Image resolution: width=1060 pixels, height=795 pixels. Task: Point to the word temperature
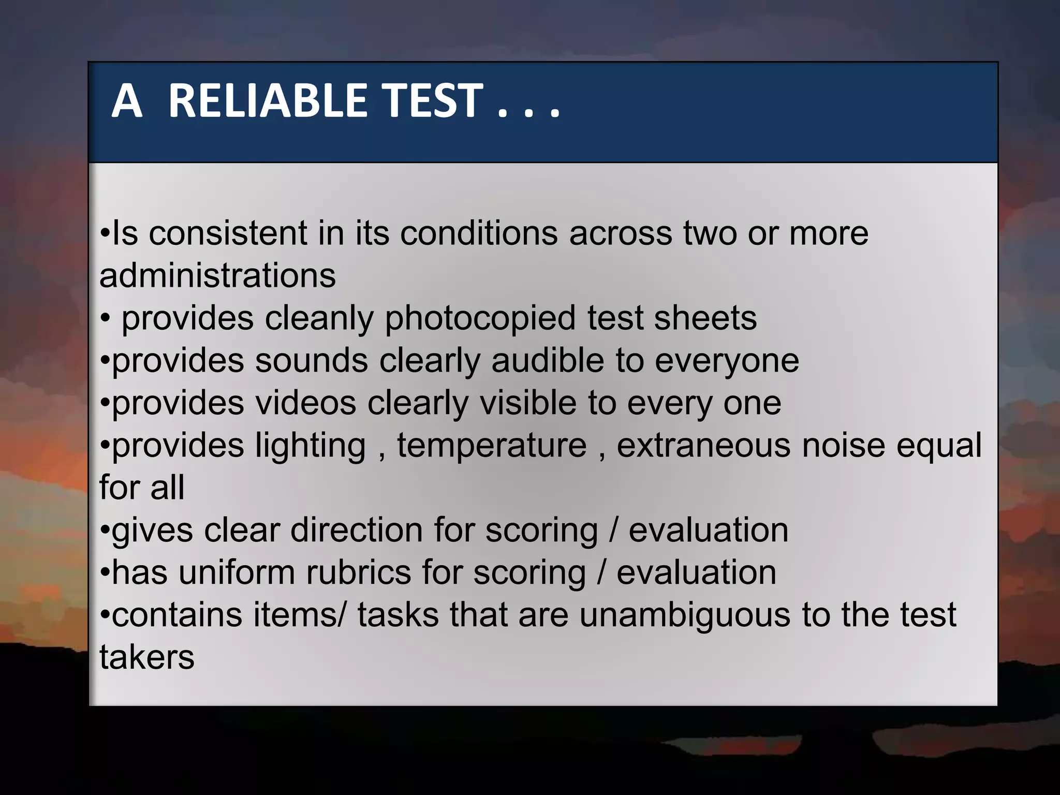tap(492, 446)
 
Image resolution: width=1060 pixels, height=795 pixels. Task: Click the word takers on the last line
tap(147, 658)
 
